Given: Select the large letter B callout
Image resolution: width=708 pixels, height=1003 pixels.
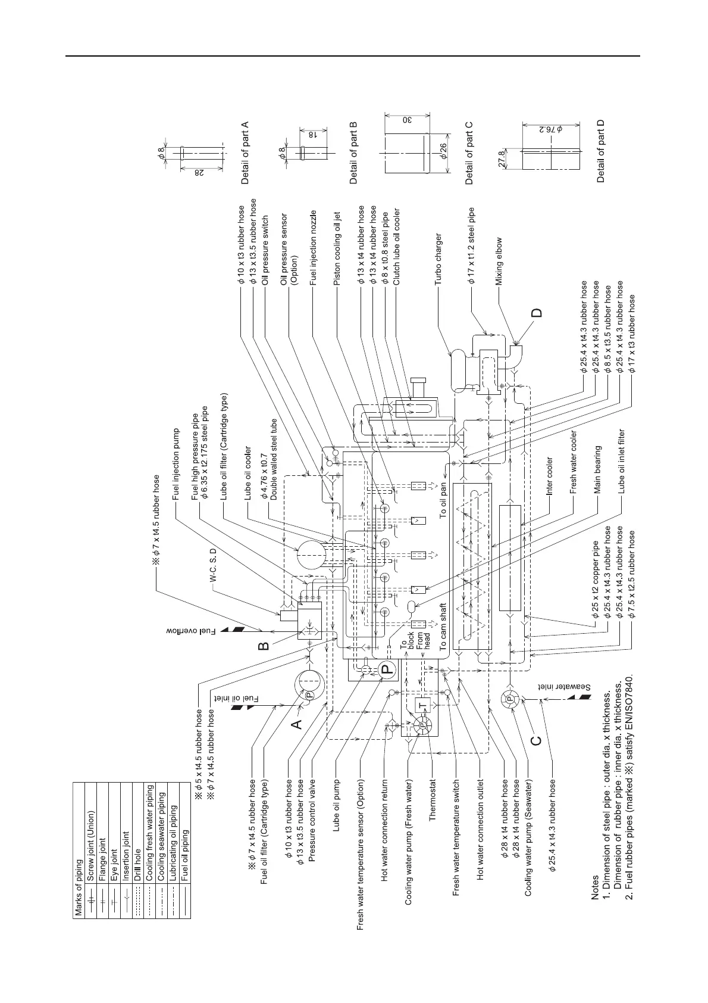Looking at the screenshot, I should [x=264, y=644].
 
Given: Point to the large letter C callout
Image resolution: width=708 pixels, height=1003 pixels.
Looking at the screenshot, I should [x=537, y=740].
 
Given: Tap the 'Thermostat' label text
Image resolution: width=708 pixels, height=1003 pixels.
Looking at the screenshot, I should [x=433, y=800].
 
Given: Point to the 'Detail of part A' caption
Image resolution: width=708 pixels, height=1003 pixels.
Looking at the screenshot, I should [x=243, y=152].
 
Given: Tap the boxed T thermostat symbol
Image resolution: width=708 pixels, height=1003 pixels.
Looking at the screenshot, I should [x=423, y=706].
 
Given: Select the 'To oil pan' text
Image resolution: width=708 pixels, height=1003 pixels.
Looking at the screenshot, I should [x=443, y=501].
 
